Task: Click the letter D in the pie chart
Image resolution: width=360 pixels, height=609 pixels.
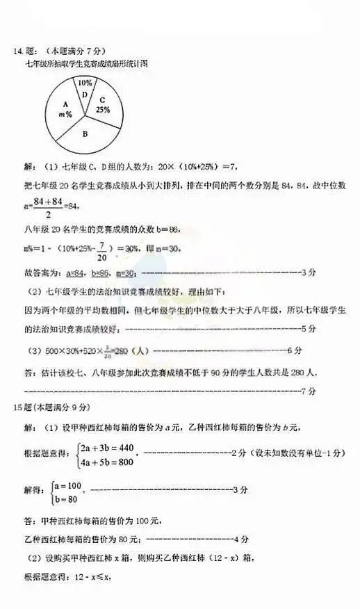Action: coord(84,95)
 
